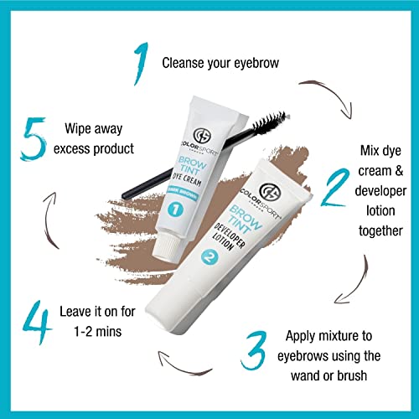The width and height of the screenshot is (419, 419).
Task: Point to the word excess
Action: [88, 150]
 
